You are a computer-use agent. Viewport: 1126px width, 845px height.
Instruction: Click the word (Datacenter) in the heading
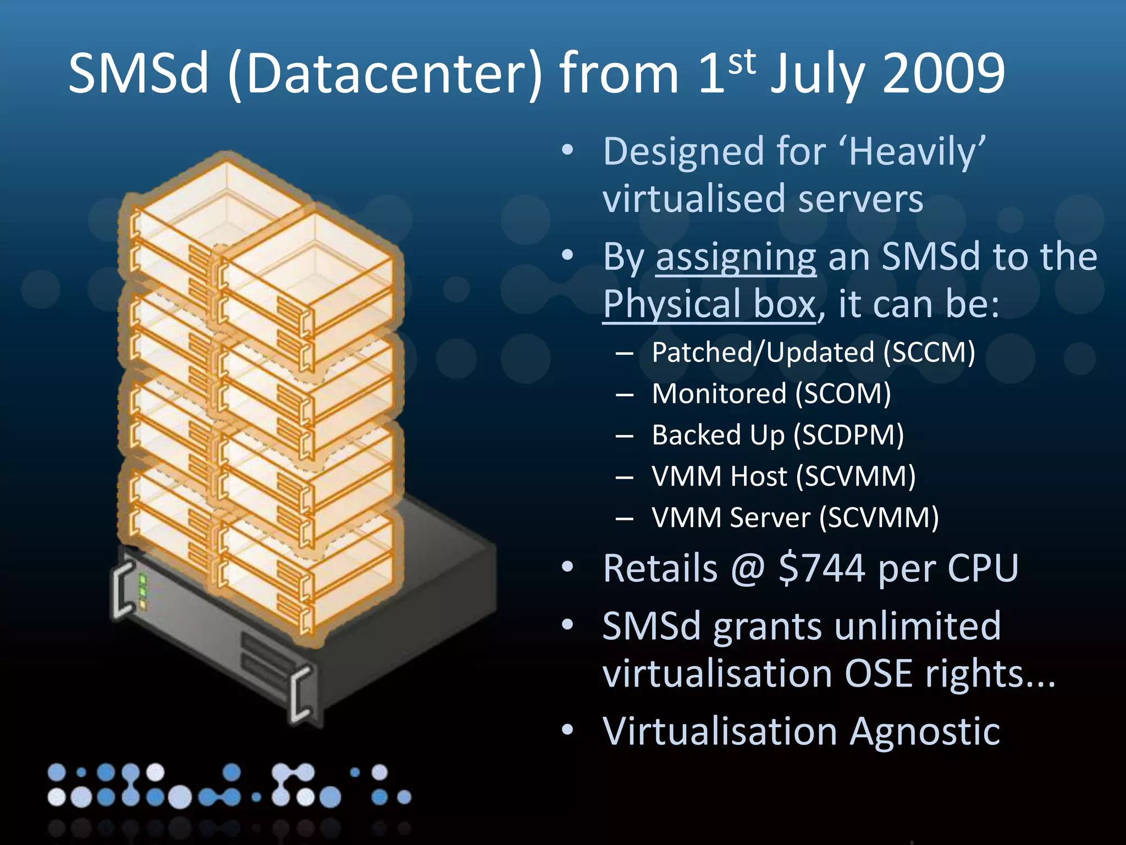[385, 74]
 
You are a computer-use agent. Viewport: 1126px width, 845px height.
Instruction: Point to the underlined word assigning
[736, 257]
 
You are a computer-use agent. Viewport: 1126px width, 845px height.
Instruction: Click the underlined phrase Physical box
[709, 304]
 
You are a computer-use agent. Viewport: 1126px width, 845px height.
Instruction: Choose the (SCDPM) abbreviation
[849, 435]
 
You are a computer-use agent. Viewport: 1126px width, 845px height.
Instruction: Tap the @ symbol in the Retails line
[748, 568]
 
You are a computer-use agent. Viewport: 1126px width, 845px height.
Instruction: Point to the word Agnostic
[925, 732]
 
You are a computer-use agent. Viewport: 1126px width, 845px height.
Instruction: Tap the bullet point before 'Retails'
[567, 567]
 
